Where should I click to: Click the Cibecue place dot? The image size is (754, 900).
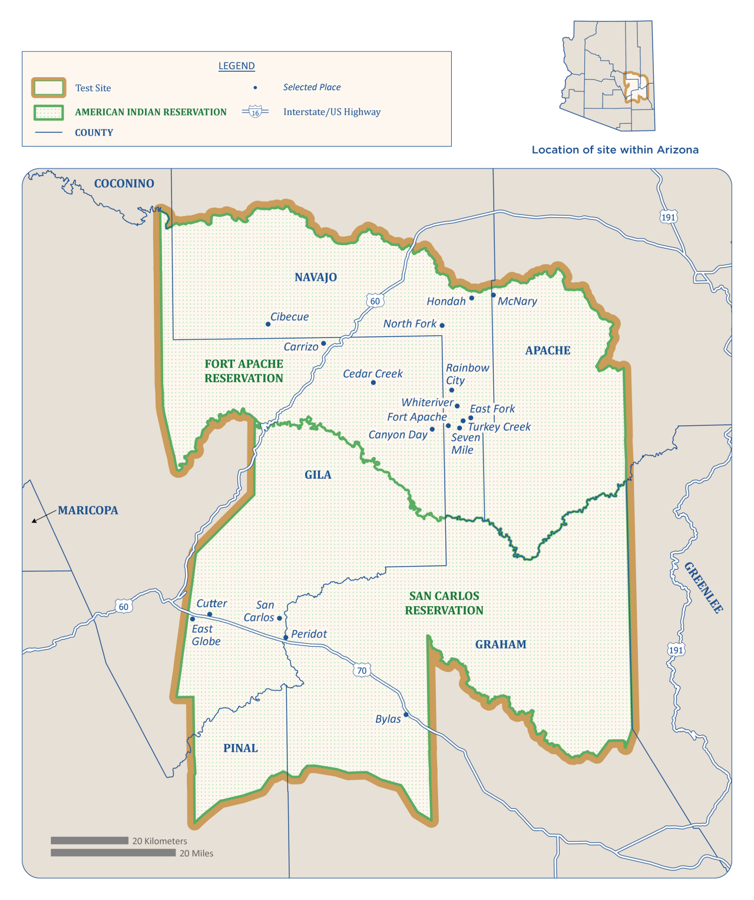(268, 324)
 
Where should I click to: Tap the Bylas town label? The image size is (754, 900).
(388, 719)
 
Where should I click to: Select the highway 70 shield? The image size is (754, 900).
(362, 670)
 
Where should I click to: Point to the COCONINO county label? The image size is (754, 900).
(124, 184)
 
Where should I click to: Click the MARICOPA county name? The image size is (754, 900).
(88, 511)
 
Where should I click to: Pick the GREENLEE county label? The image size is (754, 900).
(703, 587)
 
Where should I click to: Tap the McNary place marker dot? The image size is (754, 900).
(494, 295)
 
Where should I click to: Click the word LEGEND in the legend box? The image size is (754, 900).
(237, 66)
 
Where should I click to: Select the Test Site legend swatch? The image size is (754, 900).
(48, 88)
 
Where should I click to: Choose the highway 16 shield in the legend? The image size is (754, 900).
(255, 112)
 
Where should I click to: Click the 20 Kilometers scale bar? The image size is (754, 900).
(90, 841)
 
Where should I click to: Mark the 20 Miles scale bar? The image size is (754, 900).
(113, 853)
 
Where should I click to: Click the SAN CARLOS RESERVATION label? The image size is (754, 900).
(444, 603)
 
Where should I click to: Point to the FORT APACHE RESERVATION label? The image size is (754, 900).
(244, 371)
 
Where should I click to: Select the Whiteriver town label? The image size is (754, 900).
(427, 402)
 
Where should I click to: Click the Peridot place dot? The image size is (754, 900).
(286, 637)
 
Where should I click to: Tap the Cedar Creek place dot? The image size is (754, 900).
(373, 383)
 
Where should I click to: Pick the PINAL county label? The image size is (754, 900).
(240, 748)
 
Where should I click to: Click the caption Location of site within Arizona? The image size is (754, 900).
(615, 150)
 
